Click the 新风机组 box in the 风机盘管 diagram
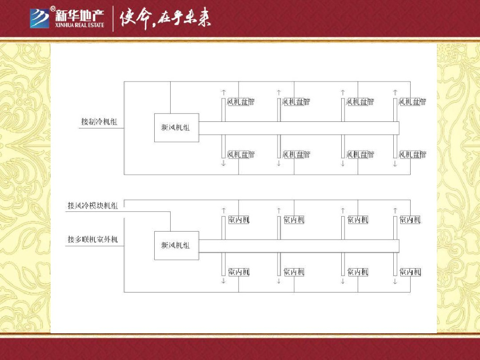(176, 127)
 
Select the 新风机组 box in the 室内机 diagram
(176, 245)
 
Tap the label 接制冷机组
(98, 122)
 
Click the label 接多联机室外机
(92, 240)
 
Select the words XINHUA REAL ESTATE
(80, 24)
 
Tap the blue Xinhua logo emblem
(40, 18)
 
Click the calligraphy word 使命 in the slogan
(136, 19)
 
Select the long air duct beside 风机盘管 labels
(299, 128)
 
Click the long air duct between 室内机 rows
(299, 245)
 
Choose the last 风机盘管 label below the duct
(412, 154)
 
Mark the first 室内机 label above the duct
(239, 219)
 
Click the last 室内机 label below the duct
(410, 272)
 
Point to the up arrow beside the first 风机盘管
(224, 92)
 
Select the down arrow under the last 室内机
(395, 281)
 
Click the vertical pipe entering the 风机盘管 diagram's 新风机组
(170, 97)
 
